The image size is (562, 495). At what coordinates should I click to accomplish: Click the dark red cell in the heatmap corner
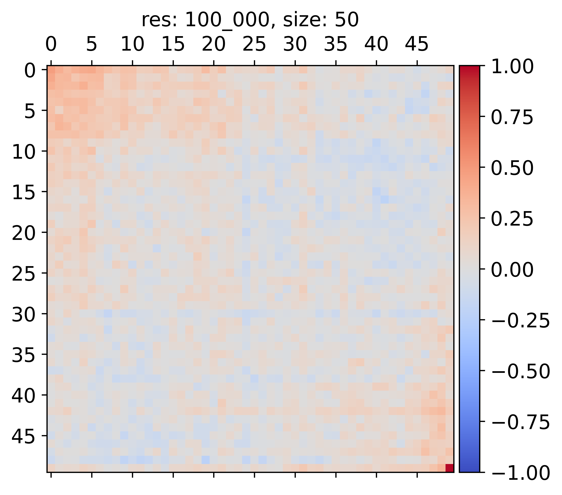click(449, 468)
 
